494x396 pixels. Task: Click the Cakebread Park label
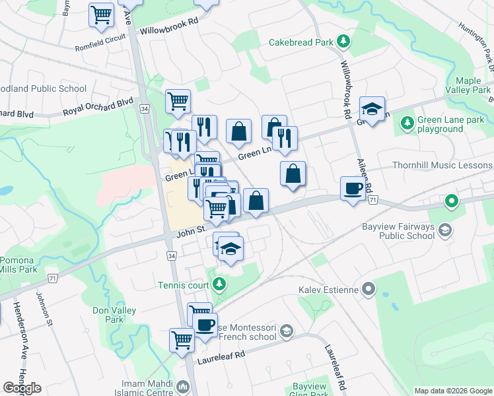point(300,42)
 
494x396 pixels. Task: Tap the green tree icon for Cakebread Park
point(343,42)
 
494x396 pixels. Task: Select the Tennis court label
point(183,285)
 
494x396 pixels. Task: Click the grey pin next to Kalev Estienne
point(369,289)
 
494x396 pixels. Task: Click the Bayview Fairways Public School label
point(398,231)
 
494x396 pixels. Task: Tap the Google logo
point(22,387)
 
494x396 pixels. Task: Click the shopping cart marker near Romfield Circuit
point(102,15)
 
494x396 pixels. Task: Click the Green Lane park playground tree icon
point(407,122)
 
